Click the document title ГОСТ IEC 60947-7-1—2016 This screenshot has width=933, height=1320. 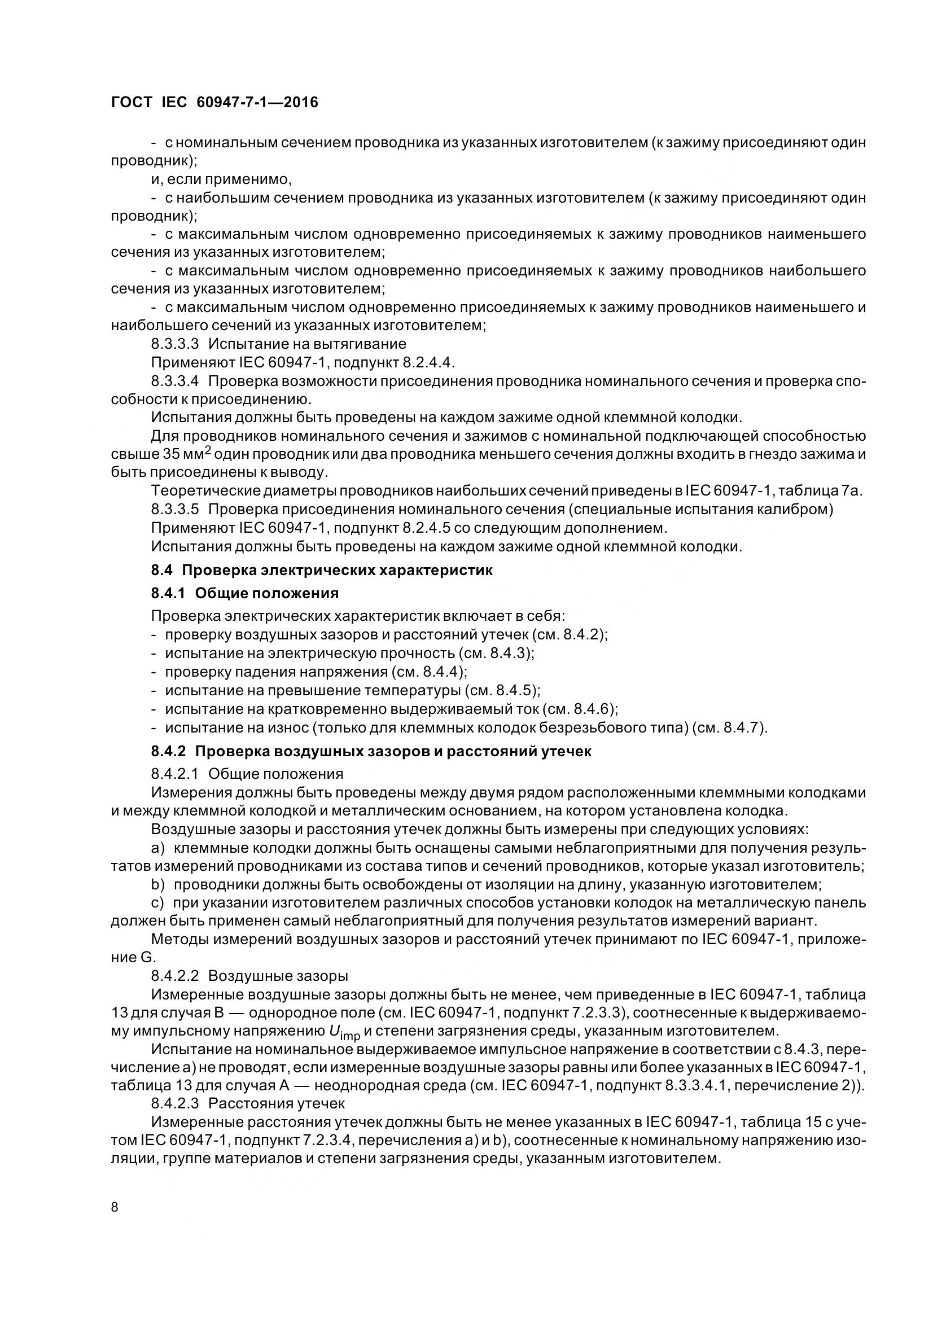[x=214, y=103]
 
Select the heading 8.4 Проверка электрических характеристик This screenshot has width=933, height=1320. [x=322, y=571]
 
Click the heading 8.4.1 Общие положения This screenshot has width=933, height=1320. [x=245, y=593]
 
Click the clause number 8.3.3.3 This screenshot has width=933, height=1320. [x=175, y=344]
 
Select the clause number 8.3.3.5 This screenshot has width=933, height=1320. [x=175, y=510]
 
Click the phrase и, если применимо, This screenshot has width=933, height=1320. [x=222, y=179]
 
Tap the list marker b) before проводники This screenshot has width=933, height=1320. [x=158, y=885]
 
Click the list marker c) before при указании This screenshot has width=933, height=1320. [x=158, y=903]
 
